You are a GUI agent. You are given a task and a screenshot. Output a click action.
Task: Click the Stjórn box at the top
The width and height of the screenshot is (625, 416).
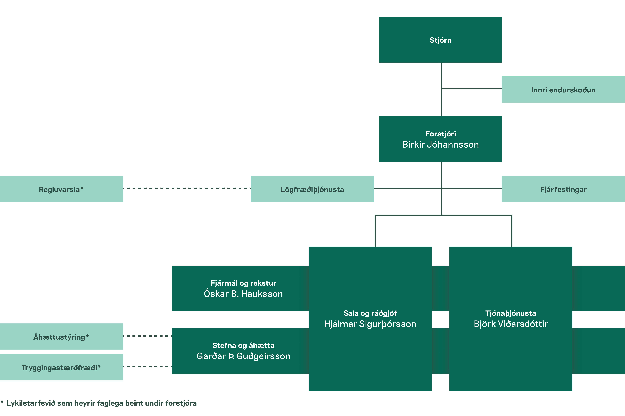pyautogui.click(x=440, y=40)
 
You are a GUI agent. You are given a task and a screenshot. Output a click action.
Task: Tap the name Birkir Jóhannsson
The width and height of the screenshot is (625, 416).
pyautogui.click(x=440, y=145)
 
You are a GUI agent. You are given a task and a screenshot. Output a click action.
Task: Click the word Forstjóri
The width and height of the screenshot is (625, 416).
pyautogui.click(x=440, y=134)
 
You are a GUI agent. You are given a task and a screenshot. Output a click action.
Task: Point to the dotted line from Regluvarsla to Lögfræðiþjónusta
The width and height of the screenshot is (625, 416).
pyautogui.click(x=187, y=188)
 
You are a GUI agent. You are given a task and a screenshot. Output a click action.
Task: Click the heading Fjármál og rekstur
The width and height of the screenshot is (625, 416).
pyautogui.click(x=243, y=283)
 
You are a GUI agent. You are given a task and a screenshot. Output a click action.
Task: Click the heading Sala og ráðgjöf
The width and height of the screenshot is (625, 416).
pyautogui.click(x=370, y=313)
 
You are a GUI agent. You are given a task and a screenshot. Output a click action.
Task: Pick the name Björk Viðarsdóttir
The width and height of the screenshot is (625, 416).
pyautogui.click(x=511, y=324)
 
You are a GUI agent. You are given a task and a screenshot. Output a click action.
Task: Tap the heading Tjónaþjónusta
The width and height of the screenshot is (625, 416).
pyautogui.click(x=511, y=313)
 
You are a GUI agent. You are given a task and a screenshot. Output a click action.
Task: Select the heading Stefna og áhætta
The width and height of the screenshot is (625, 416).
pyautogui.click(x=243, y=345)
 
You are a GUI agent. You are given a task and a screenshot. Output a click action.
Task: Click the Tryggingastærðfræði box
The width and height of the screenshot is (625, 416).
pyautogui.click(x=61, y=367)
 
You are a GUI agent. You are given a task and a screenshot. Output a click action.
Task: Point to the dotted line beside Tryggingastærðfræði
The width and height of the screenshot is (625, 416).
pyautogui.click(x=147, y=367)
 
